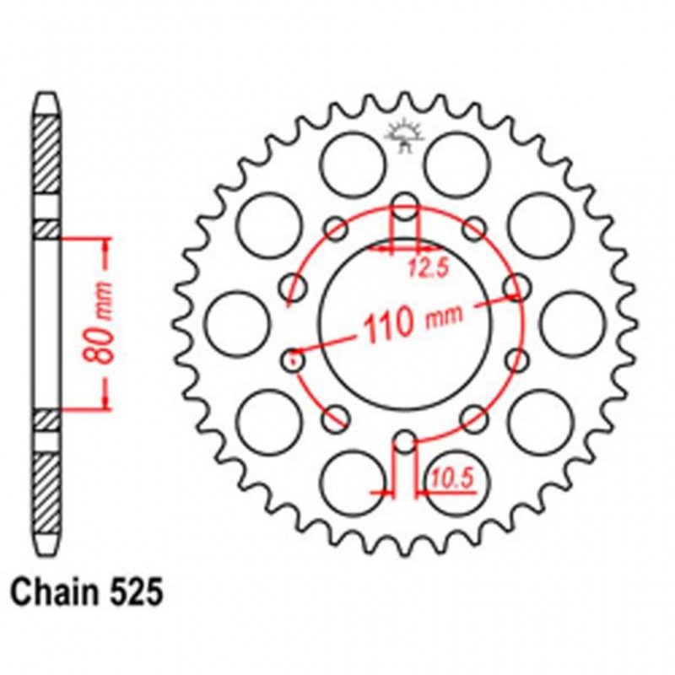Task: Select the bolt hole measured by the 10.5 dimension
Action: (x=406, y=442)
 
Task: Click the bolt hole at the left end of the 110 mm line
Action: (x=293, y=359)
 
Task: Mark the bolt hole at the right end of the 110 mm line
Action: (x=515, y=289)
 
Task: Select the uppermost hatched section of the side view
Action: (x=47, y=152)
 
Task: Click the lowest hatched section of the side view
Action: (x=47, y=498)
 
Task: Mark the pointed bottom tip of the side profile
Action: (x=47, y=557)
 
